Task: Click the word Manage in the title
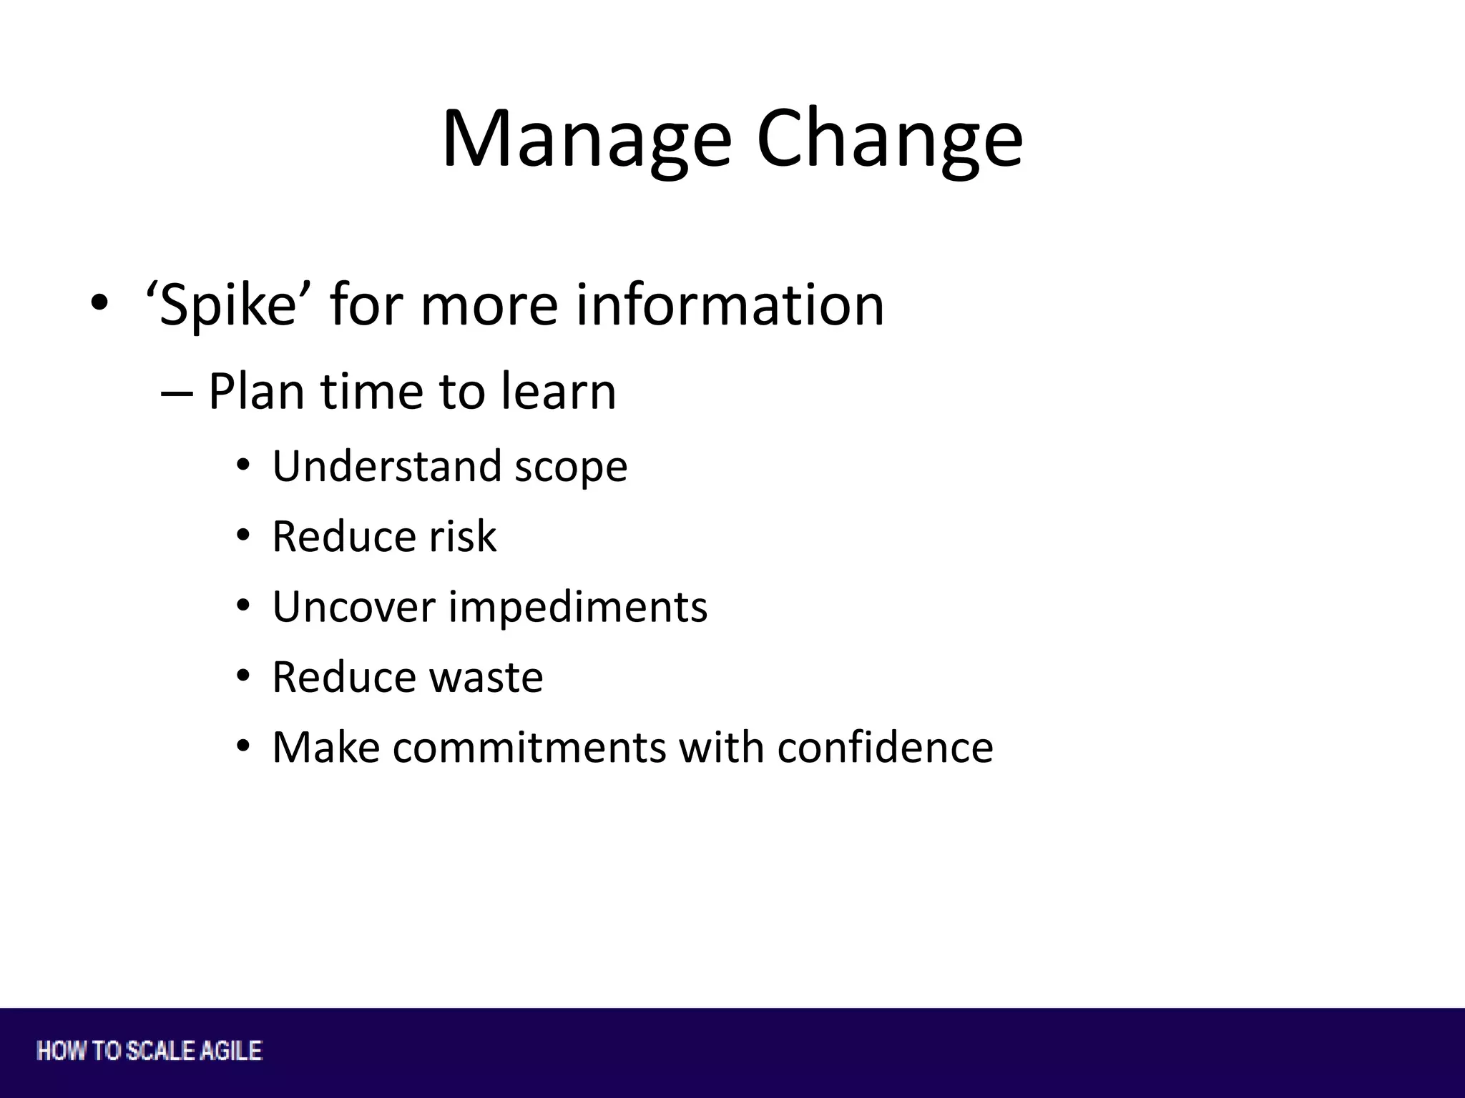tap(587, 139)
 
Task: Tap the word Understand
tap(386, 466)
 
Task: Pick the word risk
tap(461, 536)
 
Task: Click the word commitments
tap(529, 748)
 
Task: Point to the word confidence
tap(885, 748)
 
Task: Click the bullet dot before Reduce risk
tap(244, 535)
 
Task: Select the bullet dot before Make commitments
tap(244, 747)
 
